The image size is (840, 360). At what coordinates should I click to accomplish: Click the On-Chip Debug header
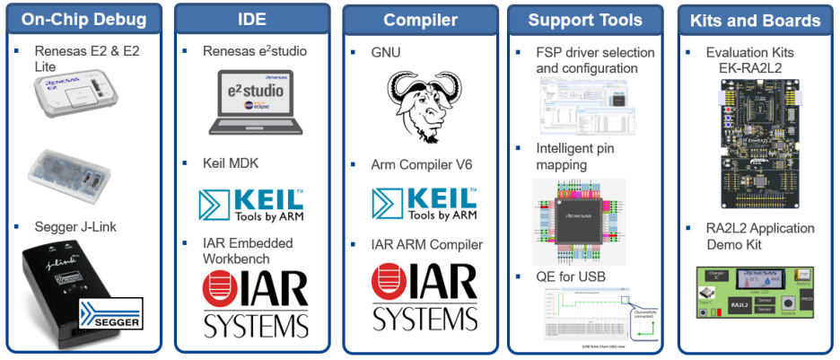point(83,20)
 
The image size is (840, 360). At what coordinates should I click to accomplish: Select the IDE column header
point(251,20)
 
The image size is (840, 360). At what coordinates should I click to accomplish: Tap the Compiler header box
point(420,20)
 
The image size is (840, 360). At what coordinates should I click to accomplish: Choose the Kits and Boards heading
point(756,20)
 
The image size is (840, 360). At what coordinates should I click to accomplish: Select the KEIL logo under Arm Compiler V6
point(424,202)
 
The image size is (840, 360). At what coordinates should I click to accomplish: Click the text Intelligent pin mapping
point(574,156)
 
